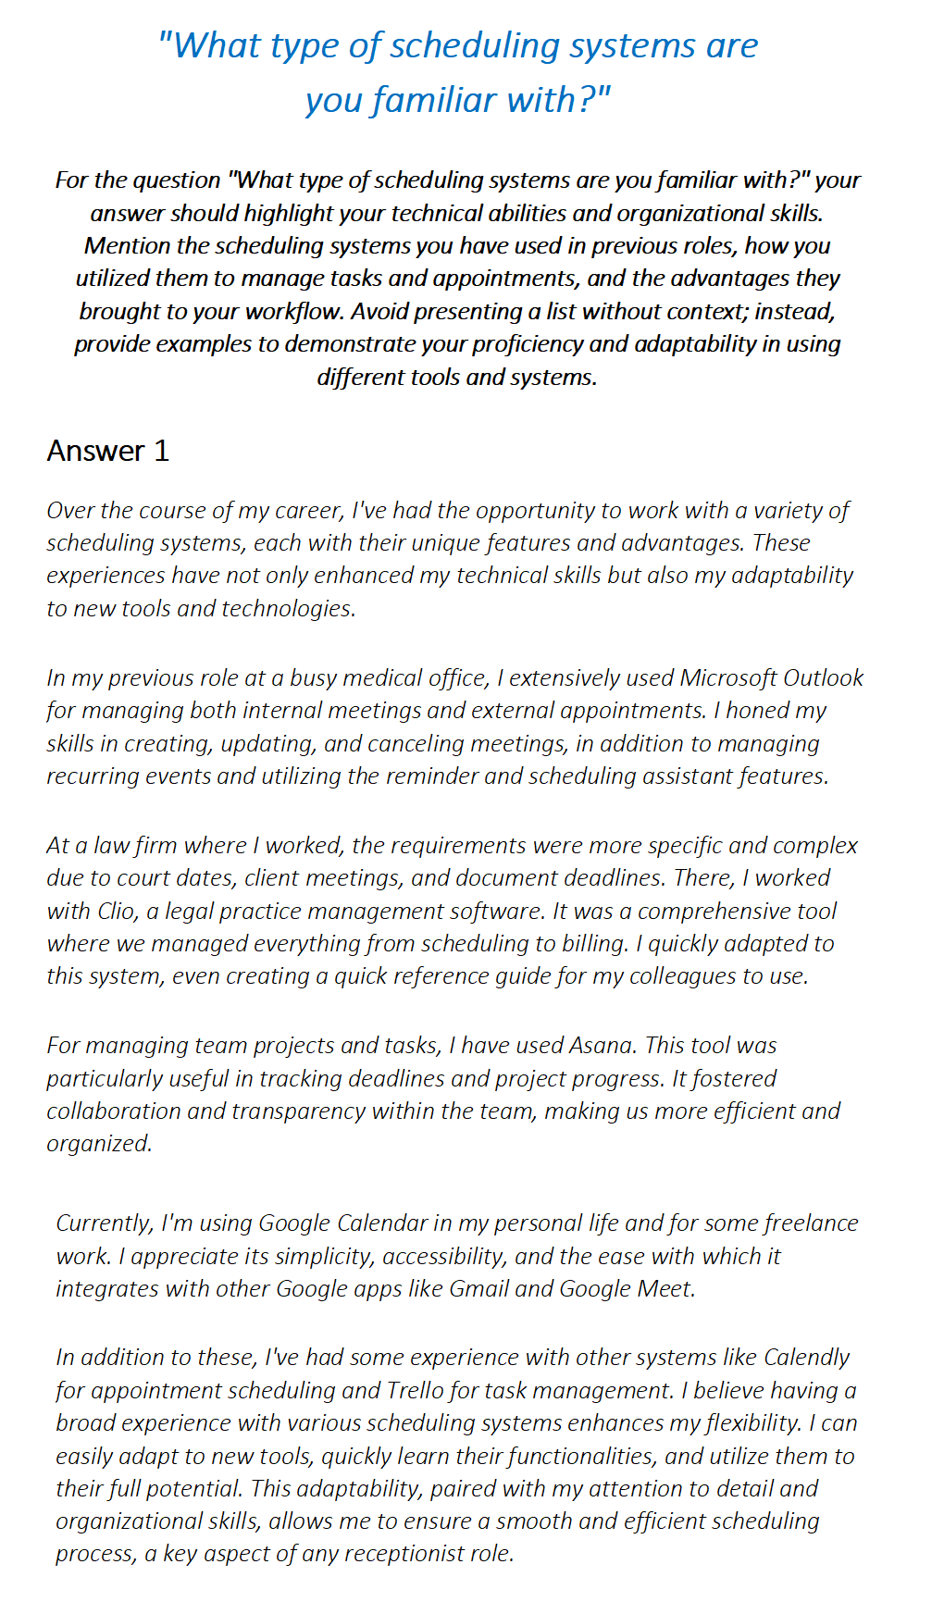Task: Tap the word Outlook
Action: click(823, 678)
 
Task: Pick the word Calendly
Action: click(806, 1358)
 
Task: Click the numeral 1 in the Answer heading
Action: click(162, 452)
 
